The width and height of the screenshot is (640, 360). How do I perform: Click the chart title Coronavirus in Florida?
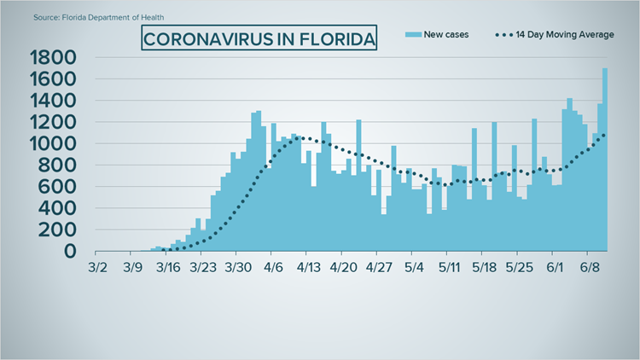(x=259, y=38)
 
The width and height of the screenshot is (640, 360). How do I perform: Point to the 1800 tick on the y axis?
(x=52, y=59)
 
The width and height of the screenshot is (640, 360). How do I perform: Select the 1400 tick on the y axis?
(x=52, y=102)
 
